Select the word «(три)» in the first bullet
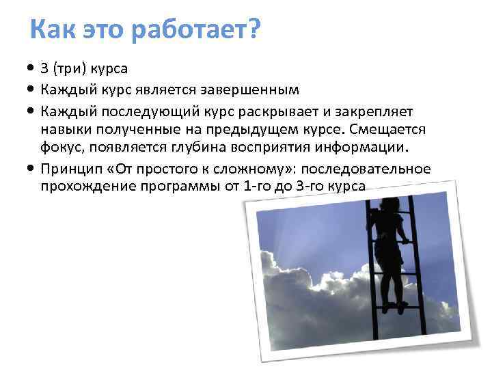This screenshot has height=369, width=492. point(72,69)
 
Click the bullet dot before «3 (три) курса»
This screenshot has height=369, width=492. point(32,69)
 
